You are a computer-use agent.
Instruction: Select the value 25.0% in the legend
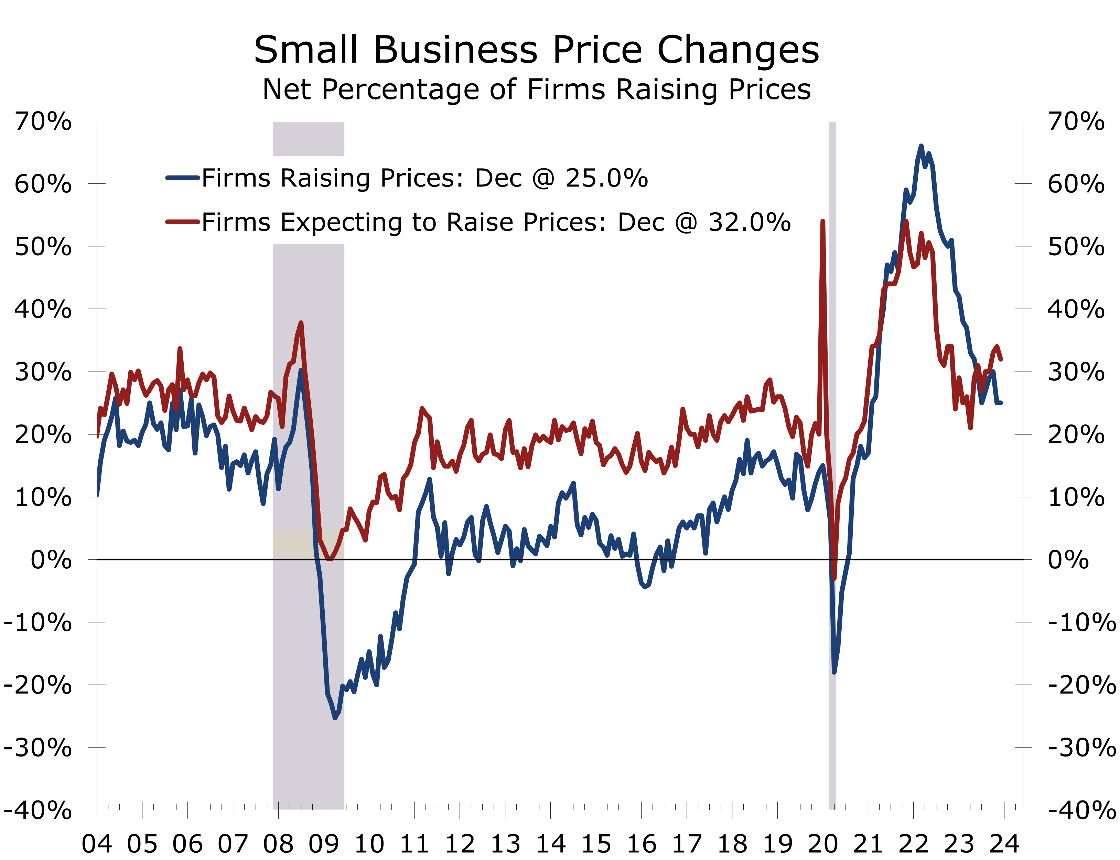click(606, 178)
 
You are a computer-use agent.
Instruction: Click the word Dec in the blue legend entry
click(492, 178)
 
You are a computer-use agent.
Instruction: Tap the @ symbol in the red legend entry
click(686, 222)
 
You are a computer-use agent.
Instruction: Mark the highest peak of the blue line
click(921, 147)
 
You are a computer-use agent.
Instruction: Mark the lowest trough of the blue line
click(335, 718)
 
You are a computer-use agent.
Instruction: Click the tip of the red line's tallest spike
click(822, 221)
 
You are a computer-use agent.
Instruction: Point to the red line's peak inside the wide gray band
click(301, 323)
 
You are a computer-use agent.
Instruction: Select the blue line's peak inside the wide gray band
click(301, 370)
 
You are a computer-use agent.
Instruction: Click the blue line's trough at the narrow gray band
click(834, 672)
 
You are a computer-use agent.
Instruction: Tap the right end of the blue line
click(1001, 403)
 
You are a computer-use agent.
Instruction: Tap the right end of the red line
click(1001, 359)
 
